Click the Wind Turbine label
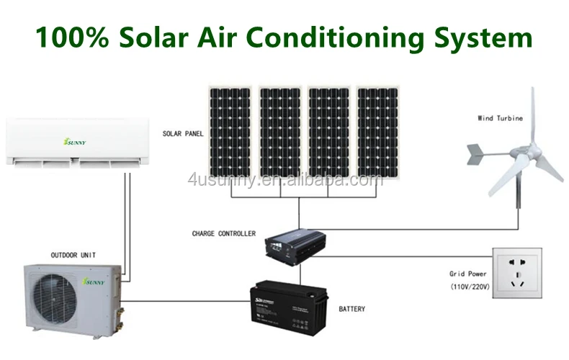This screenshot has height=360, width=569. click(x=500, y=118)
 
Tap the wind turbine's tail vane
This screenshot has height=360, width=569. click(x=476, y=153)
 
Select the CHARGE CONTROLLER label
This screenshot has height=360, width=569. click(x=223, y=234)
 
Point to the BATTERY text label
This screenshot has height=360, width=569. click(x=351, y=310)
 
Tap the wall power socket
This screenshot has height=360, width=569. click(x=516, y=273)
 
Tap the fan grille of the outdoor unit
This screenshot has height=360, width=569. click(x=52, y=298)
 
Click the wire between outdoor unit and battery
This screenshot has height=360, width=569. click(x=187, y=300)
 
